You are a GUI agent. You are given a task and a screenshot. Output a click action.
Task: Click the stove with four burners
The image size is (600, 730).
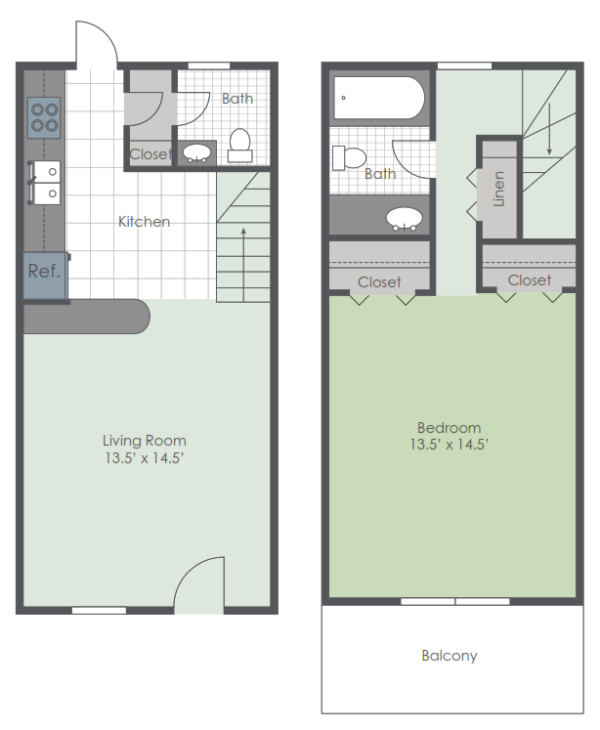44,116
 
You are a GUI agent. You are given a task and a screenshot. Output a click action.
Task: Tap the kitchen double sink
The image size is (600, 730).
45,181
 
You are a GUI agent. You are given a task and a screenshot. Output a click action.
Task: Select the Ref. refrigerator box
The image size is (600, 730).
43,271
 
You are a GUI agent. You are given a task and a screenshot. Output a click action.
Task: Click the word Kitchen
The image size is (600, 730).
144,222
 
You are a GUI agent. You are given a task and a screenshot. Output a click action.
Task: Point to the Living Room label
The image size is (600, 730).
145,440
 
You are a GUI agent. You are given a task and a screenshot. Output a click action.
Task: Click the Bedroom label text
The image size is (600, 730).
449,427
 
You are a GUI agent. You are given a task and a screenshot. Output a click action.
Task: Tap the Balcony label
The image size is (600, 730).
450,656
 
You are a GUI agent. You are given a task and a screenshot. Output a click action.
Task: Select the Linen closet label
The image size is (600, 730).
499,189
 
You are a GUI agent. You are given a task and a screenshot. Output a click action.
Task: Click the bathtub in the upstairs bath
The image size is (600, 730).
379,98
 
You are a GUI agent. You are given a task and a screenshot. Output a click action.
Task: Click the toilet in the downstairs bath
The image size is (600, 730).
239,146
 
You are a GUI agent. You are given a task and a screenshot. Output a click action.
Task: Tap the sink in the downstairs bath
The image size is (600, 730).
200,153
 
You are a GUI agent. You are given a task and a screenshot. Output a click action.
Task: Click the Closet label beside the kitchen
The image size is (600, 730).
150,153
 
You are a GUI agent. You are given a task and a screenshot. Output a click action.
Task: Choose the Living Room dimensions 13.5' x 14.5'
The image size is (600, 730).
145,457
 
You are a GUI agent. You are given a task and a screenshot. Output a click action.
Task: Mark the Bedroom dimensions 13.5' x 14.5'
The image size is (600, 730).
449,445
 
